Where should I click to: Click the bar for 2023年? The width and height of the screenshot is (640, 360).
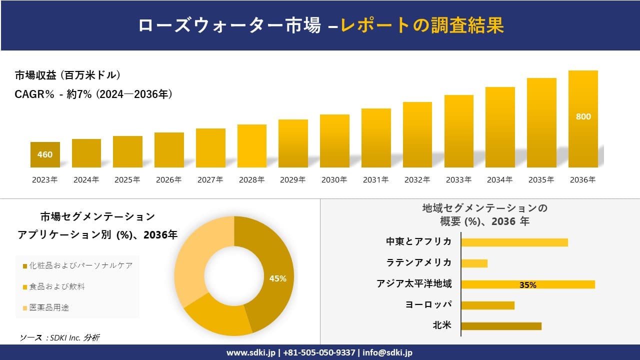click(45, 154)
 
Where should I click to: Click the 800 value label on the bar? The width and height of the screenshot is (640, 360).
click(583, 116)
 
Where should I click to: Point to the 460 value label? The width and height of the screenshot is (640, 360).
click(45, 154)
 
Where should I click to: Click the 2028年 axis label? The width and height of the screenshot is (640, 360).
click(251, 180)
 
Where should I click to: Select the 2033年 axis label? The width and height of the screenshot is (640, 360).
click(458, 180)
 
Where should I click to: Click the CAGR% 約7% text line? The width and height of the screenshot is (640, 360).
click(94, 94)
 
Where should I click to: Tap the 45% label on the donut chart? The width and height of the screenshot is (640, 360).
click(277, 278)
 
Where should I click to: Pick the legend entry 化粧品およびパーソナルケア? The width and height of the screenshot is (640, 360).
click(80, 265)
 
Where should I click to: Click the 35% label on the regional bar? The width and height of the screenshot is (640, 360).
click(527, 285)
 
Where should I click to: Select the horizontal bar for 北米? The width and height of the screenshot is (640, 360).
click(501, 326)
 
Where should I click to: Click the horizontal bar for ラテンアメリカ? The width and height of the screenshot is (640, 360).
click(474, 263)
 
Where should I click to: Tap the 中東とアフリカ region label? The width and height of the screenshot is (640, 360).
click(418, 241)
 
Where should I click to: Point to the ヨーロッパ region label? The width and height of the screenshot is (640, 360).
click(428, 304)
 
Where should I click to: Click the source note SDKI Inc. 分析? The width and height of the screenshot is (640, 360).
click(60, 337)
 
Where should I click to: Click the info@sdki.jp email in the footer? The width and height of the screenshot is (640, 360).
click(388, 352)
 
